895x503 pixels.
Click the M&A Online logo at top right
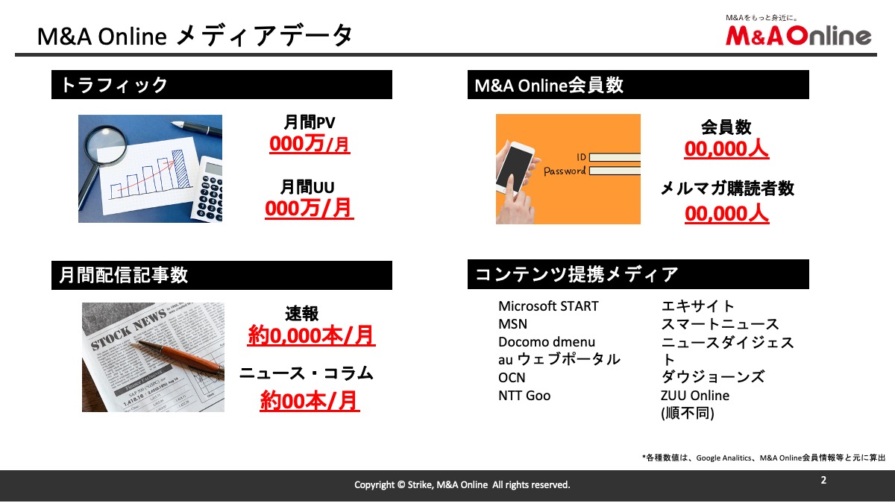pyautogui.click(x=798, y=35)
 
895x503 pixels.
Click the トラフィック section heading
pyautogui.click(x=114, y=85)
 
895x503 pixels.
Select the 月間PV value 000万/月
pyautogui.click(x=310, y=144)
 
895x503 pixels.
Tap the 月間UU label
pyautogui.click(x=307, y=187)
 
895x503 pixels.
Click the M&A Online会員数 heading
pyautogui.click(x=549, y=85)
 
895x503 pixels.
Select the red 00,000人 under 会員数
pyautogui.click(x=726, y=149)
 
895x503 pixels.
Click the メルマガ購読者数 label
pyautogui.click(x=727, y=189)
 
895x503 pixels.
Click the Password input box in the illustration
pyautogui.click(x=615, y=171)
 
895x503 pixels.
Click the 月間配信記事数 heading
pyautogui.click(x=124, y=275)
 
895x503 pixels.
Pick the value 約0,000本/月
pyautogui.click(x=311, y=335)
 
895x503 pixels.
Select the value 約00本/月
pyautogui.click(x=310, y=401)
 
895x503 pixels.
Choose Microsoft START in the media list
pyautogui.click(x=548, y=306)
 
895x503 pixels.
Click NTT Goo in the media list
pyautogui.click(x=524, y=396)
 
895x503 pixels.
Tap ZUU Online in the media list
pyautogui.click(x=695, y=396)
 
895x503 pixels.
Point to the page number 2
pyautogui.click(x=823, y=480)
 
